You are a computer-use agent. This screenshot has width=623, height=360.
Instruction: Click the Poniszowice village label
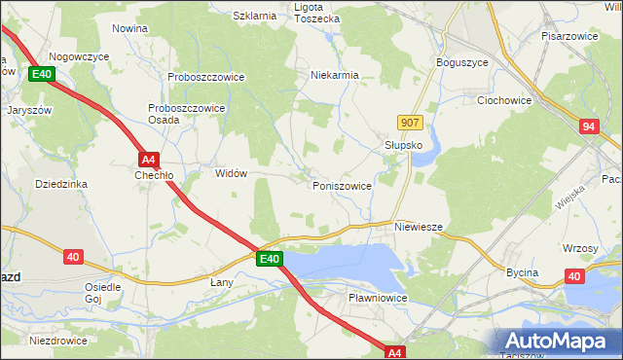341,185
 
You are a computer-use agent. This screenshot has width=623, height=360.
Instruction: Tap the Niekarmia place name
334,74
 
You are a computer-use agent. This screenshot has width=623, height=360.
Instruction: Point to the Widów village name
230,172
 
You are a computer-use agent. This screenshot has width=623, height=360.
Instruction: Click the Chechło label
153,176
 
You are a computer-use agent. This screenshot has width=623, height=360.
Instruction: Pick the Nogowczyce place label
78,57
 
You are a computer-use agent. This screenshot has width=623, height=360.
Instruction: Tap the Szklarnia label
256,17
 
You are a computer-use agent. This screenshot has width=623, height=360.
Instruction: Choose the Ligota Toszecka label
316,13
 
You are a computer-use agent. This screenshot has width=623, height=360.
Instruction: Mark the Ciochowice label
503,99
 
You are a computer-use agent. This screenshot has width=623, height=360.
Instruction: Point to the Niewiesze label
419,227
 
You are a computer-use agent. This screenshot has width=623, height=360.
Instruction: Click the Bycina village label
522,272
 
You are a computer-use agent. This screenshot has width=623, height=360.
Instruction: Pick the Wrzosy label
580,248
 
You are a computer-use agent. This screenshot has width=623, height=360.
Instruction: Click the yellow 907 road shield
410,122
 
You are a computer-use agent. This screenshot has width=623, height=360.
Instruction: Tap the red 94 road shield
588,126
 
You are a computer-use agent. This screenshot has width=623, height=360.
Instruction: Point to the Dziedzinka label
61,183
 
